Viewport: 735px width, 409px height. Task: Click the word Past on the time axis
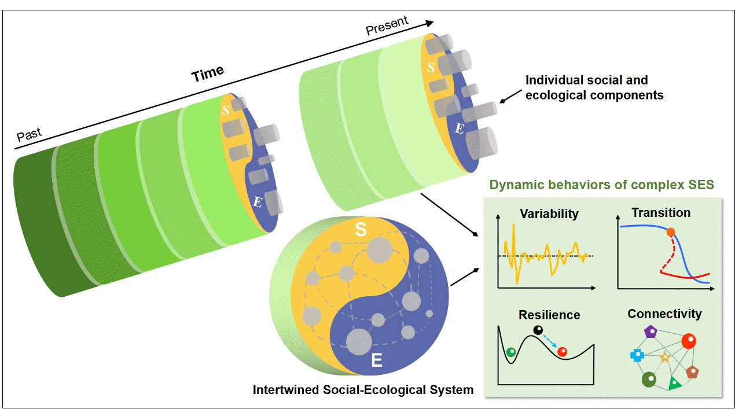pos(29,135)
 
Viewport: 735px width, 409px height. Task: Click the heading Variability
pos(549,213)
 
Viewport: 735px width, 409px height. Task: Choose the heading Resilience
pos(549,315)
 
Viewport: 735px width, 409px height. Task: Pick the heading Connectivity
pos(664,314)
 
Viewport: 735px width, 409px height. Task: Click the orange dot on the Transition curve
pos(671,232)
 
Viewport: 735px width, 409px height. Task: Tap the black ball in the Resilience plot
pos(538,331)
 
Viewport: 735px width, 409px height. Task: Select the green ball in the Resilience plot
pos(511,351)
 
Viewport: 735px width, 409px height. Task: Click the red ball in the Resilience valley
pos(561,351)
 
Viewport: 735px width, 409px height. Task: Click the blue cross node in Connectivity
pos(637,355)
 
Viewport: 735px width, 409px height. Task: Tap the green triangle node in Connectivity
pos(674,382)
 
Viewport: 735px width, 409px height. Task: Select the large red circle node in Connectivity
pos(688,341)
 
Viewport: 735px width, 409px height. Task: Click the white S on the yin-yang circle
pos(361,230)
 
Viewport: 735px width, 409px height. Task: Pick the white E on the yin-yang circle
pos(376,362)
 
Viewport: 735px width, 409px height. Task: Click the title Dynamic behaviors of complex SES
pos(602,185)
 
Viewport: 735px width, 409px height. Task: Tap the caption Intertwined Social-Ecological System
pos(363,390)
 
